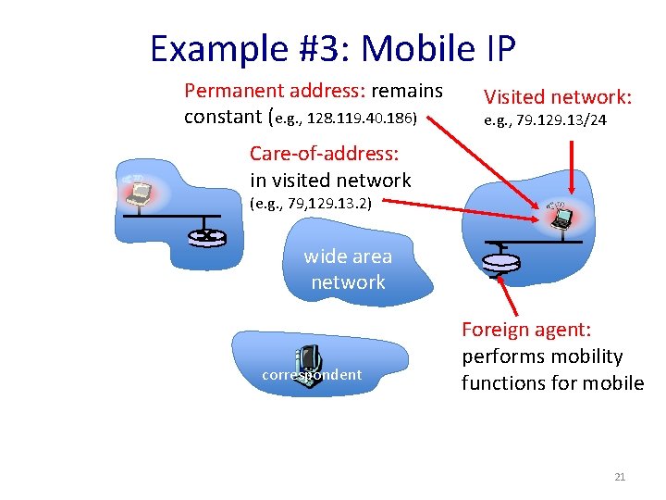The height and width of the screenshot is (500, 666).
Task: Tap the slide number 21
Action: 620,477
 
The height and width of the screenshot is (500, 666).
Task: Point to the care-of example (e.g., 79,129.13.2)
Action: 311,203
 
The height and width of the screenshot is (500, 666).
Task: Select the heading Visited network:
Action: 558,96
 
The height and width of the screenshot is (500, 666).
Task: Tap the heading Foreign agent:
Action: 526,330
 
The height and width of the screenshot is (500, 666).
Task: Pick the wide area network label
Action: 348,269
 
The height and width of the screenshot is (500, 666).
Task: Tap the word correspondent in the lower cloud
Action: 312,375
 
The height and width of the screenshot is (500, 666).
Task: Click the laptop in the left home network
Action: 141,193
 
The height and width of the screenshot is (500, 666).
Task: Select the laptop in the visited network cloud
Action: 561,217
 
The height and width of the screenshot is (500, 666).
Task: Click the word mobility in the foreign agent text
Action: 588,356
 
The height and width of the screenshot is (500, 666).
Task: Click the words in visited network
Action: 330,181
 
